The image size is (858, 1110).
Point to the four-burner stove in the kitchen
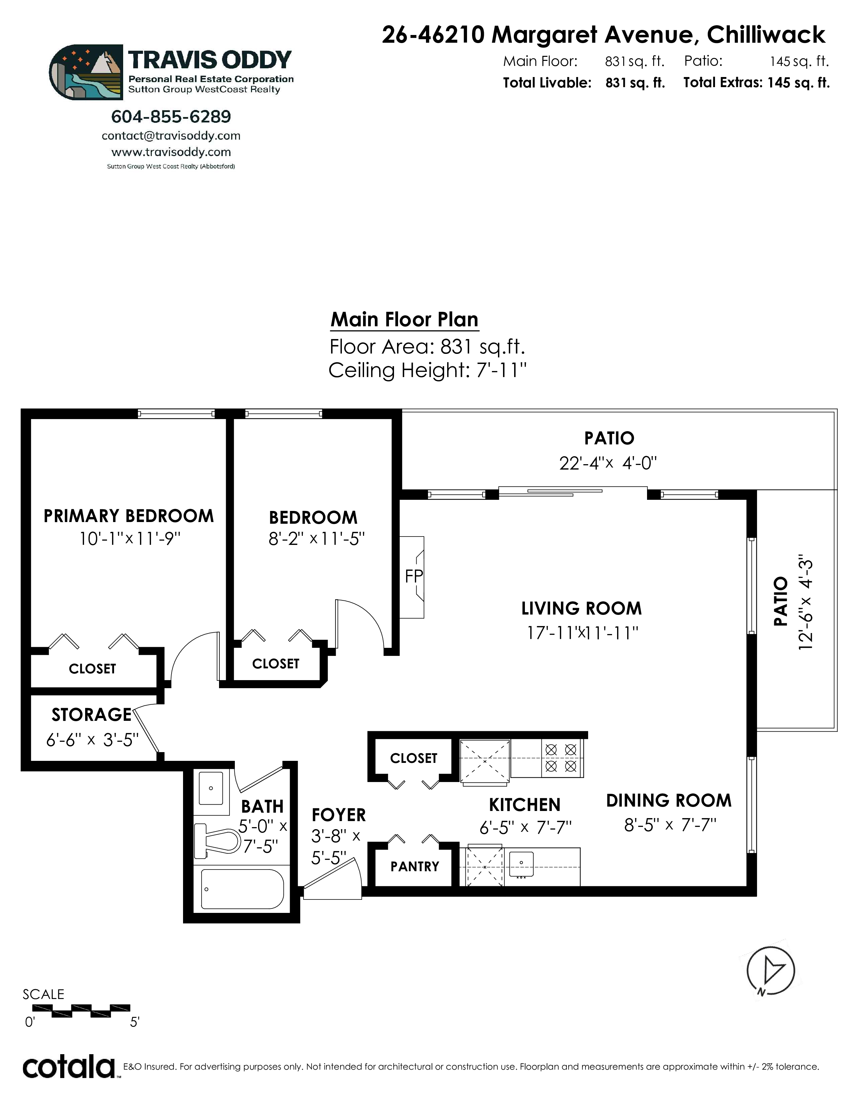[561, 758]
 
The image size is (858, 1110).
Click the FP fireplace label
[414, 576]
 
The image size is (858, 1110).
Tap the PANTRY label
[415, 866]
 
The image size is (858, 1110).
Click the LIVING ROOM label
[581, 608]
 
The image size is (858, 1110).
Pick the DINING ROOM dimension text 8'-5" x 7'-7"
[670, 825]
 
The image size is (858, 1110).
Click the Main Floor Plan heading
[404, 320]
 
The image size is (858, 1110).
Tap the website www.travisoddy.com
[171, 152]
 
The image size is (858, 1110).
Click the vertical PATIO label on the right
[780, 601]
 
